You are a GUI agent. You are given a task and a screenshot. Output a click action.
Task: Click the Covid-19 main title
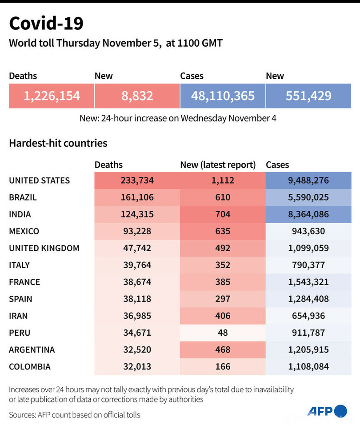point(46,24)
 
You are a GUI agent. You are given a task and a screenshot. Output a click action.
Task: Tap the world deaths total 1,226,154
point(52,96)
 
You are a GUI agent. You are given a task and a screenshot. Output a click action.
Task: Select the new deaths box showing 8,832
point(137,96)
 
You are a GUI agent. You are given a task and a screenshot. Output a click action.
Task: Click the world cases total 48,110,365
point(223,96)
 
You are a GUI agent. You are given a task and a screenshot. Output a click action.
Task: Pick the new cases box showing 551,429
point(308,96)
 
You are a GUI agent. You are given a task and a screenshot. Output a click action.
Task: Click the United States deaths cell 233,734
point(137,181)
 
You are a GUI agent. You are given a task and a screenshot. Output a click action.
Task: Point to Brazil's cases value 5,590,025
point(308,197)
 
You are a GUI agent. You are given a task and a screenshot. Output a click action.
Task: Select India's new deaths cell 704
point(223,214)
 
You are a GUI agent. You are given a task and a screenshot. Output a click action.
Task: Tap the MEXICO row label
point(24,231)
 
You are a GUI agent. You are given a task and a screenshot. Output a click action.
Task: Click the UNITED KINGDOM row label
point(44,248)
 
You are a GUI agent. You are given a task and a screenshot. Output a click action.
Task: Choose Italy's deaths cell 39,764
point(137,265)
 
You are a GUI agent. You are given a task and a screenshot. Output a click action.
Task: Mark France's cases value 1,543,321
point(308,282)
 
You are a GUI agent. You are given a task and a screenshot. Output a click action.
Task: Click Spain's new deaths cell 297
point(223,299)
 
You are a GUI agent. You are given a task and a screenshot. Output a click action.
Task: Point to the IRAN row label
point(18,316)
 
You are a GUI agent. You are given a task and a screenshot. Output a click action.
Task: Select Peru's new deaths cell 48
point(223,333)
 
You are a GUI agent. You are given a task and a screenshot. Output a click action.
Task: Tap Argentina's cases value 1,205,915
point(308,350)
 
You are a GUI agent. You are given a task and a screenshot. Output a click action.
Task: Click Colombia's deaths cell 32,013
point(137,366)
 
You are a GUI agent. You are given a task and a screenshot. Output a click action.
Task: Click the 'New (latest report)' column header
point(218,165)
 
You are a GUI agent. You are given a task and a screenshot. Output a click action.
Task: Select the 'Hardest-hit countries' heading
point(58,143)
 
